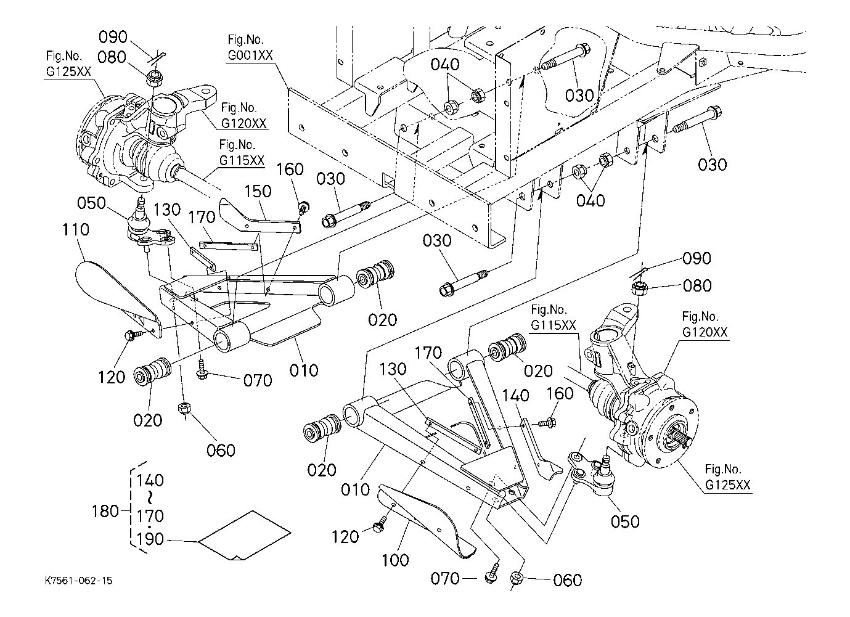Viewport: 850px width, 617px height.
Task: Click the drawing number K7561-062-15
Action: (x=78, y=581)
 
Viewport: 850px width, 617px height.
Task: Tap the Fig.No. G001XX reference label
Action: (x=250, y=47)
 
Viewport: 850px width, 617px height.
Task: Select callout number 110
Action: (x=76, y=229)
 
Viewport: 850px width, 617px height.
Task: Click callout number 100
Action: (x=395, y=560)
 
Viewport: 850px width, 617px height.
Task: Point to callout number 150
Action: (x=258, y=191)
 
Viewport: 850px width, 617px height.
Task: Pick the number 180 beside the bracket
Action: (x=105, y=511)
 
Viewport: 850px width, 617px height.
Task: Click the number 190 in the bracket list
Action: (x=150, y=539)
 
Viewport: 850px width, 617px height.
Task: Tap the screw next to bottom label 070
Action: (x=491, y=574)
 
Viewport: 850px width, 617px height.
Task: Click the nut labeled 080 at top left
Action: (x=153, y=78)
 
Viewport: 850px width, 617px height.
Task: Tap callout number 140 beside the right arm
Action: (x=515, y=395)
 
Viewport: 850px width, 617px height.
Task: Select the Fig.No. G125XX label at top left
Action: (x=68, y=63)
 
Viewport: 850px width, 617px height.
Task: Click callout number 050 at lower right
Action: (x=625, y=521)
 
